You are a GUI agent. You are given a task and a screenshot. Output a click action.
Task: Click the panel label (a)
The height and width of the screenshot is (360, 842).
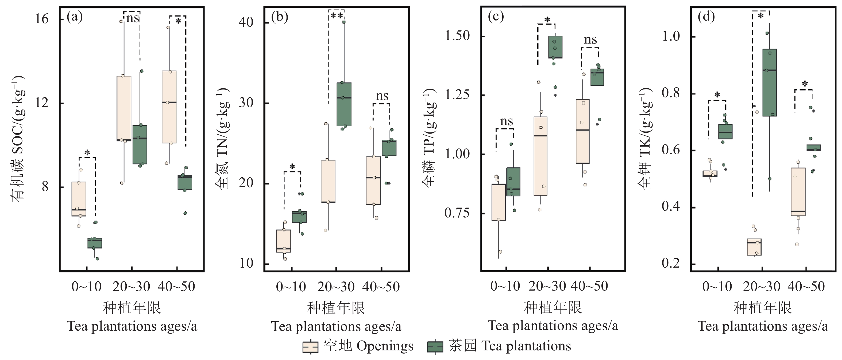[x=75, y=17]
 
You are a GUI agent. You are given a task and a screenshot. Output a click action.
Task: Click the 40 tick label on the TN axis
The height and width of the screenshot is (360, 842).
[x=246, y=22]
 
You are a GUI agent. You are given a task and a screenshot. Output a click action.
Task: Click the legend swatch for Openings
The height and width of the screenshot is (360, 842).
[x=310, y=347]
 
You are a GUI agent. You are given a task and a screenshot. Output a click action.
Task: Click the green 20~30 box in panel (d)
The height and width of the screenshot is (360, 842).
[x=770, y=82]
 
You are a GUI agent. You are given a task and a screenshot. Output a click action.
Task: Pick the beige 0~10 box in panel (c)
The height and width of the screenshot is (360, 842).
[x=499, y=202]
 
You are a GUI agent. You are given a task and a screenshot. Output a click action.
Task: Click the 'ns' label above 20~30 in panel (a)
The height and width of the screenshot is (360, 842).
[x=133, y=18]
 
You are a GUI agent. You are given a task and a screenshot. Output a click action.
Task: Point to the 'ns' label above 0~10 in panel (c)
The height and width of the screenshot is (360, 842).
[x=506, y=122]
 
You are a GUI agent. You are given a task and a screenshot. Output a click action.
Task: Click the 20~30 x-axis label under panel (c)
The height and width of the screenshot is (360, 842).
[x=547, y=286]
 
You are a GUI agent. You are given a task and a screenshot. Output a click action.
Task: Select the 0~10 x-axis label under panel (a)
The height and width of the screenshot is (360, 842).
[x=87, y=287]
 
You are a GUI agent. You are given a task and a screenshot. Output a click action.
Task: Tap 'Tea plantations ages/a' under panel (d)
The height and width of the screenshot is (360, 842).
[x=763, y=326]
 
